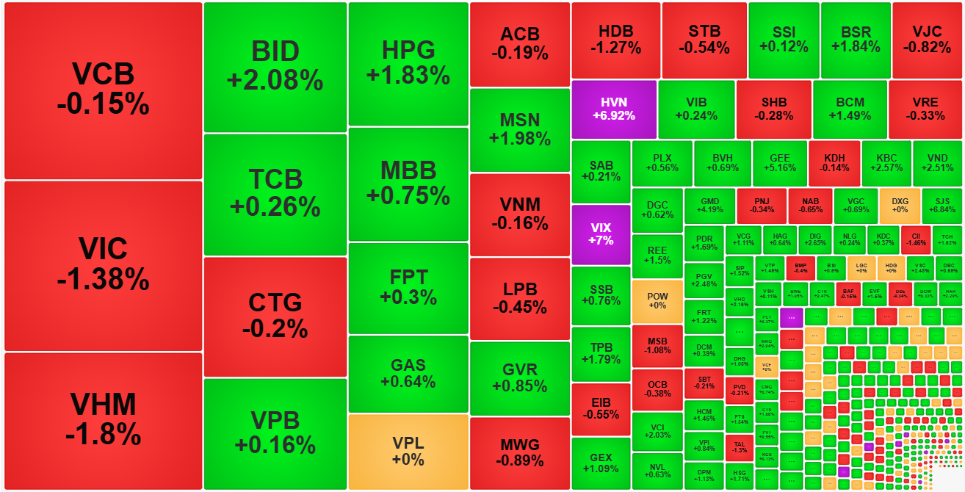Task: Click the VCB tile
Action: [103, 90]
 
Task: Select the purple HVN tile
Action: [613, 109]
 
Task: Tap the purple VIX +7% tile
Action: [600, 234]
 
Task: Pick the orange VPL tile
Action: [408, 452]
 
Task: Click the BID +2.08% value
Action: [275, 80]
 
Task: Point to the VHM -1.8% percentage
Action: [103, 434]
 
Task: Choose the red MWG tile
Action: [519, 453]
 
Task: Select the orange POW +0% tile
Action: [657, 301]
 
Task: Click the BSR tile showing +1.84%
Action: [856, 40]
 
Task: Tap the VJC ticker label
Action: [926, 32]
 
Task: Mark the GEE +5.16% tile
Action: [780, 163]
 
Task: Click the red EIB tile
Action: [600, 409]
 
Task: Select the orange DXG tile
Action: [900, 206]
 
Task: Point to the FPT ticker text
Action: [408, 278]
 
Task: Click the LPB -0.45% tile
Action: [519, 298]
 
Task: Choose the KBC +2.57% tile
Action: [886, 163]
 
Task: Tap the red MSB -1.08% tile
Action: [657, 346]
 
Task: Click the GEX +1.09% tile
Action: [600, 463]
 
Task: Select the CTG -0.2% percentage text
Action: [275, 328]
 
